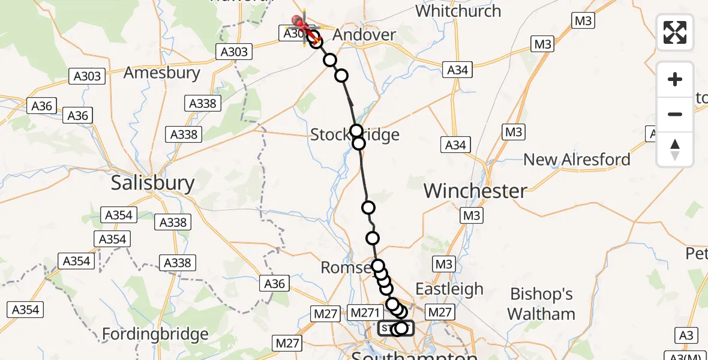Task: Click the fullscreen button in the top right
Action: (x=675, y=32)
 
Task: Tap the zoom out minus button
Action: (x=675, y=114)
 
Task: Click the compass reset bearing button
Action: (x=675, y=149)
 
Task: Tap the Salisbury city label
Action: (x=152, y=183)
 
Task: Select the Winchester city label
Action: (x=475, y=191)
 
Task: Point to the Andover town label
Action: (x=364, y=35)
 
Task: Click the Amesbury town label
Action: (x=161, y=73)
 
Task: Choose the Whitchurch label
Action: (x=458, y=11)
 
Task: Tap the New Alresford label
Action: (x=577, y=160)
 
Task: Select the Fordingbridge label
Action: (x=155, y=334)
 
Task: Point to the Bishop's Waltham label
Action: (x=541, y=304)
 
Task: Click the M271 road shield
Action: (x=365, y=312)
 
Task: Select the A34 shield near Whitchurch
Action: (x=457, y=70)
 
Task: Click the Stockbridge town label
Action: (x=355, y=134)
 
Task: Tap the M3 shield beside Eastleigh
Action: (x=443, y=264)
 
